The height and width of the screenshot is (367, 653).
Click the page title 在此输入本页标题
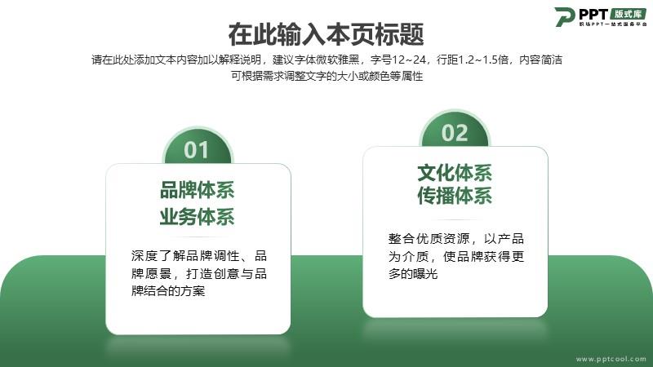(x=326, y=34)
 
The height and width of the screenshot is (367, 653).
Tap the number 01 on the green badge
(x=196, y=150)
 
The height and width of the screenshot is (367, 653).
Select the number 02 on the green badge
(x=455, y=133)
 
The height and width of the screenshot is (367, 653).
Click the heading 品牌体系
(x=197, y=190)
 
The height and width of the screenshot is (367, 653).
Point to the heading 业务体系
(x=197, y=217)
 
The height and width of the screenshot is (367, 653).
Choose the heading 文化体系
(x=455, y=173)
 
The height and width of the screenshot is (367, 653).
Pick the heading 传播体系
(x=455, y=196)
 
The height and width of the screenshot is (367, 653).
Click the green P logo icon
(x=565, y=16)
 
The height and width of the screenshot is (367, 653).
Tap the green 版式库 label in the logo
(x=629, y=14)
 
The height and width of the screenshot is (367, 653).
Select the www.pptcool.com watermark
(x=611, y=359)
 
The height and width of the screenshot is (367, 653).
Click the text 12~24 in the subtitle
(x=409, y=60)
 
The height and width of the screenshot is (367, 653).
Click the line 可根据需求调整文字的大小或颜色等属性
(x=327, y=76)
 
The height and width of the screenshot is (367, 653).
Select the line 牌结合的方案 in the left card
(x=168, y=291)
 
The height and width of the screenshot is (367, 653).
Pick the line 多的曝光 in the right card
(x=413, y=274)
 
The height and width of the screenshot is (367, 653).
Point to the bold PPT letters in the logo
(x=593, y=14)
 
